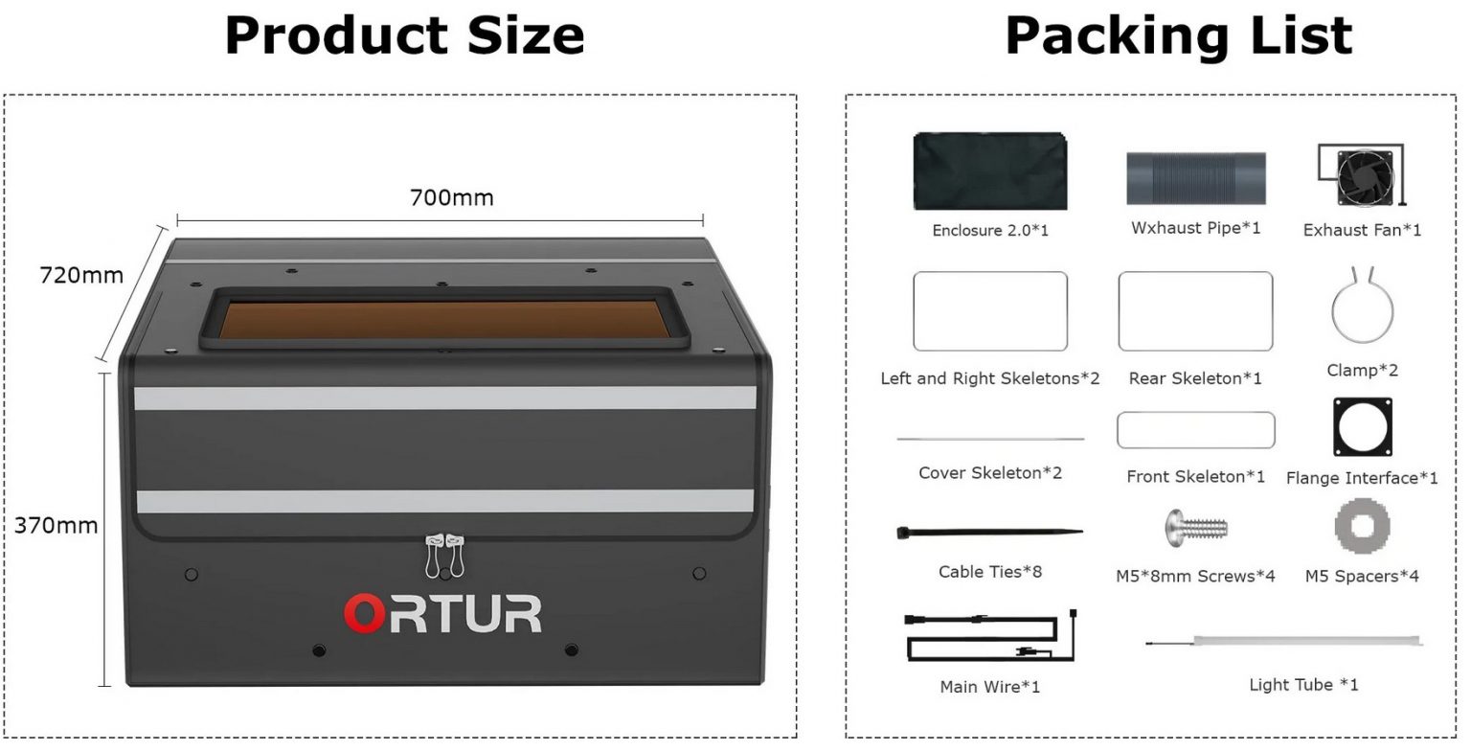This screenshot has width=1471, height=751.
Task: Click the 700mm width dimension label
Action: (452, 197)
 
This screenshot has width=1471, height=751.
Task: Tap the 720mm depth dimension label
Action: (81, 275)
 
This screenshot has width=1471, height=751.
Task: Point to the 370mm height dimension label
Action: (56, 526)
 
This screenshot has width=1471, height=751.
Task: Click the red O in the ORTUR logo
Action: (364, 614)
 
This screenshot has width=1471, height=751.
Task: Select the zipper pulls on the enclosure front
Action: (444, 557)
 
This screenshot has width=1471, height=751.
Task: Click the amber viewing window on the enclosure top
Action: (444, 319)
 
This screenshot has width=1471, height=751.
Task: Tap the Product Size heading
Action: (404, 35)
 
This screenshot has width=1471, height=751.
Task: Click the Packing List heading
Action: (1179, 35)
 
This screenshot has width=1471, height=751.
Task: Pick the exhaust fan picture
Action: (1361, 174)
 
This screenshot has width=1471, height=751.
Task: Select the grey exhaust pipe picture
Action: (1196, 179)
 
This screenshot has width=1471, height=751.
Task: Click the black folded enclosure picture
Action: (990, 171)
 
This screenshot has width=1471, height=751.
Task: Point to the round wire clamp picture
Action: (1363, 306)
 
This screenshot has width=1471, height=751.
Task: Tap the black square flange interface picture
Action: (1363, 427)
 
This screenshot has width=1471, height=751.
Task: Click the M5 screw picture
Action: (1195, 528)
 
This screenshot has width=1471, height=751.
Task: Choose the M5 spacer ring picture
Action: (1363, 526)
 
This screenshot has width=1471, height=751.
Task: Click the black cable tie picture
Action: (990, 533)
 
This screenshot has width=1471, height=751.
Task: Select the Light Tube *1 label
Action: (1303, 685)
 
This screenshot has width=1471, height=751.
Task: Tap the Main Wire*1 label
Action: (990, 687)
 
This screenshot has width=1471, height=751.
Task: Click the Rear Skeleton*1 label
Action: (1195, 378)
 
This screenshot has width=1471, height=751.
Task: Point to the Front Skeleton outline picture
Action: (1196, 430)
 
